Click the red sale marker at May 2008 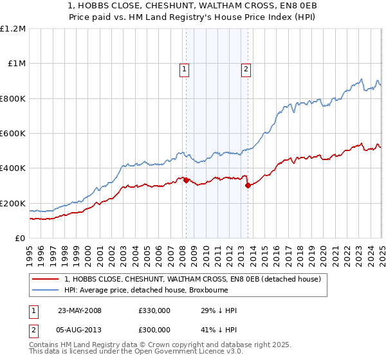tap(186, 181)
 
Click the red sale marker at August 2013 tap(248, 186)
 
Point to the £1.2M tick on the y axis tap(13, 29)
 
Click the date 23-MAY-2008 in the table tap(80, 310)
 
